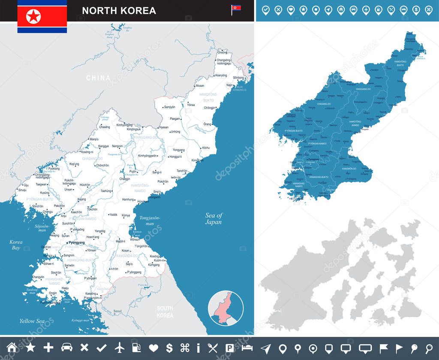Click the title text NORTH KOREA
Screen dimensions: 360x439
[119, 10]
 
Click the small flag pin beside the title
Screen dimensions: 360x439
[236, 9]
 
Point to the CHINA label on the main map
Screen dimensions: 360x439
[98, 78]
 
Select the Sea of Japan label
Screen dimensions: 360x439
[213, 219]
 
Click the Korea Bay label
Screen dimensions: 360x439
[16, 245]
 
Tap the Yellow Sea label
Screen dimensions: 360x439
[32, 321]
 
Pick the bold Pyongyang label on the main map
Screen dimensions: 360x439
[75, 243]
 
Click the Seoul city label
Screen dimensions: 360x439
[117, 311]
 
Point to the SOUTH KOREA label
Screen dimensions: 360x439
[165, 312]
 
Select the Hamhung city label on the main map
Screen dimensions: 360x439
[128, 200]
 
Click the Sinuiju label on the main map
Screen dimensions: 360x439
[22, 190]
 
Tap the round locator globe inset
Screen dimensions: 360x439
[226, 309]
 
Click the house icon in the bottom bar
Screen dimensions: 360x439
[12, 348]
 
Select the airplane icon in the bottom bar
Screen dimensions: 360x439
[120, 348]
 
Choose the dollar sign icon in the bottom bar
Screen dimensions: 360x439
[169, 348]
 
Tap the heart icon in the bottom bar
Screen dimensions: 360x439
[153, 348]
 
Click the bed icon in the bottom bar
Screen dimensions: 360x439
[247, 348]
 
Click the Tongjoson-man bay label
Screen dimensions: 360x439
[150, 221]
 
